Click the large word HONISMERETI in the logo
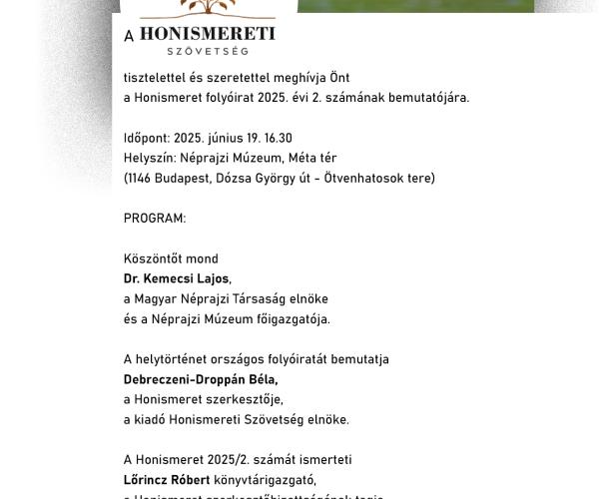pos(207,34)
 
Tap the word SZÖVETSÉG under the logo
pos(208,50)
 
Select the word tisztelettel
pos(156,78)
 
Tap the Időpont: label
pos(152,138)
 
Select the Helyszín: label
pos(152,158)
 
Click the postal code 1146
pos(143,178)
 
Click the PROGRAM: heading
pos(155,218)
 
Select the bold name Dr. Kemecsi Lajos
pos(178,278)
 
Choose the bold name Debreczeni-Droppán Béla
pos(201,379)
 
